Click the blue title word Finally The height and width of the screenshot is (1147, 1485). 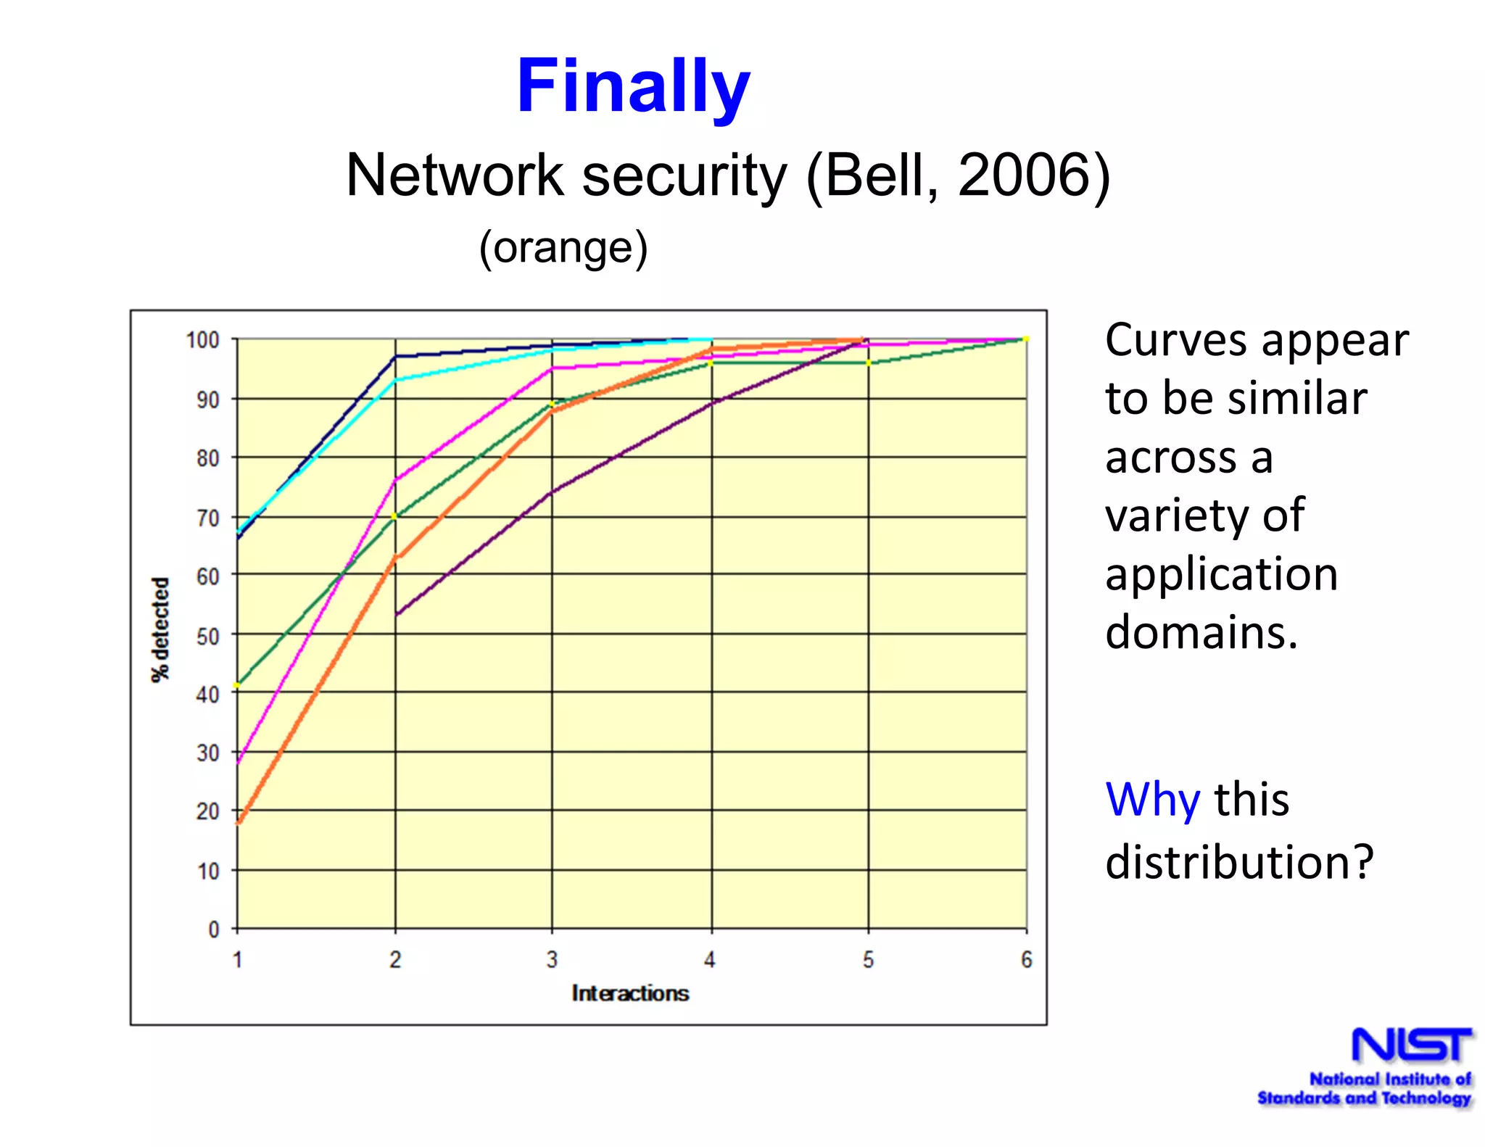(633, 87)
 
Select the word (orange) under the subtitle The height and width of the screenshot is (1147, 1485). (563, 248)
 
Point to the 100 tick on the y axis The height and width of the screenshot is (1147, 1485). (202, 340)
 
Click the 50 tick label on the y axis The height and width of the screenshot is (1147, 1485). (207, 636)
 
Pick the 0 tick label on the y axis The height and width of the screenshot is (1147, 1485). (214, 929)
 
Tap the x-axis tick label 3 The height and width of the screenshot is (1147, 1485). (552, 960)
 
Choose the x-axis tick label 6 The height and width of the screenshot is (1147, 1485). (1026, 960)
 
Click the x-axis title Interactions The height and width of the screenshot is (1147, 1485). (630, 993)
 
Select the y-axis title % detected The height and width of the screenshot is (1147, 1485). (160, 629)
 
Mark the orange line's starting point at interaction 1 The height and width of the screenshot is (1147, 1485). (238, 823)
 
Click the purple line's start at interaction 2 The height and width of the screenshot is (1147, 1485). (396, 615)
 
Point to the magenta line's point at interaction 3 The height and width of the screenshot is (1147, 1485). (552, 368)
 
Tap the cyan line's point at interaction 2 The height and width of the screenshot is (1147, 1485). (395, 380)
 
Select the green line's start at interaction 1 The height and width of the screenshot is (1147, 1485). (237, 684)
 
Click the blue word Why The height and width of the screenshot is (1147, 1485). (1152, 800)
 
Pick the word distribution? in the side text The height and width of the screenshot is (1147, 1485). (1239, 862)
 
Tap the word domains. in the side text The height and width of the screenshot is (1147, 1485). (1201, 632)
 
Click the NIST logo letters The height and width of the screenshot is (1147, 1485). (1412, 1045)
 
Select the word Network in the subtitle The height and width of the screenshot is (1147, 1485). (455, 175)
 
